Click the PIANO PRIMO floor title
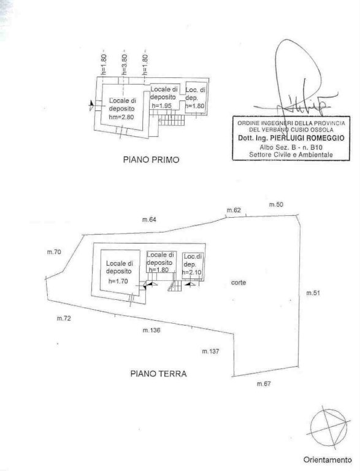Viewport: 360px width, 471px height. coord(151,159)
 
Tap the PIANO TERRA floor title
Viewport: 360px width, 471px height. coord(158,373)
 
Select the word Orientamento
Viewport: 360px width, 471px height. coord(327,459)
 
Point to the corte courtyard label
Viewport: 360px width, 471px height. coord(239,282)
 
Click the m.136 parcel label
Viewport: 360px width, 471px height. coord(151,330)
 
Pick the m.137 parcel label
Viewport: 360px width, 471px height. coord(210,351)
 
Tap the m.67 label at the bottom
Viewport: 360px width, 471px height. coord(264,383)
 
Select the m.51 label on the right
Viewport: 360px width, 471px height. coord(313,293)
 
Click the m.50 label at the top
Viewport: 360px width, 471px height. coord(276,205)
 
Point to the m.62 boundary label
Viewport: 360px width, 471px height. coord(234,210)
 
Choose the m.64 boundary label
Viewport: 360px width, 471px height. coord(149,220)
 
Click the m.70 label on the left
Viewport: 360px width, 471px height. coord(54,252)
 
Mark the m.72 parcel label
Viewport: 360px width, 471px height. coord(64,318)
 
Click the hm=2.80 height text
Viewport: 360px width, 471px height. coord(121,117)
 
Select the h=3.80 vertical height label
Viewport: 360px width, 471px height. coord(124,64)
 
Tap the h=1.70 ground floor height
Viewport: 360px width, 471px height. coord(118,281)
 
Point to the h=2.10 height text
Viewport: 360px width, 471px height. coord(192,272)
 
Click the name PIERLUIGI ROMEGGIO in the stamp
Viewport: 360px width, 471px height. coord(307,138)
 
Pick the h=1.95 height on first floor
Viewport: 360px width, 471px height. coord(161,105)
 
